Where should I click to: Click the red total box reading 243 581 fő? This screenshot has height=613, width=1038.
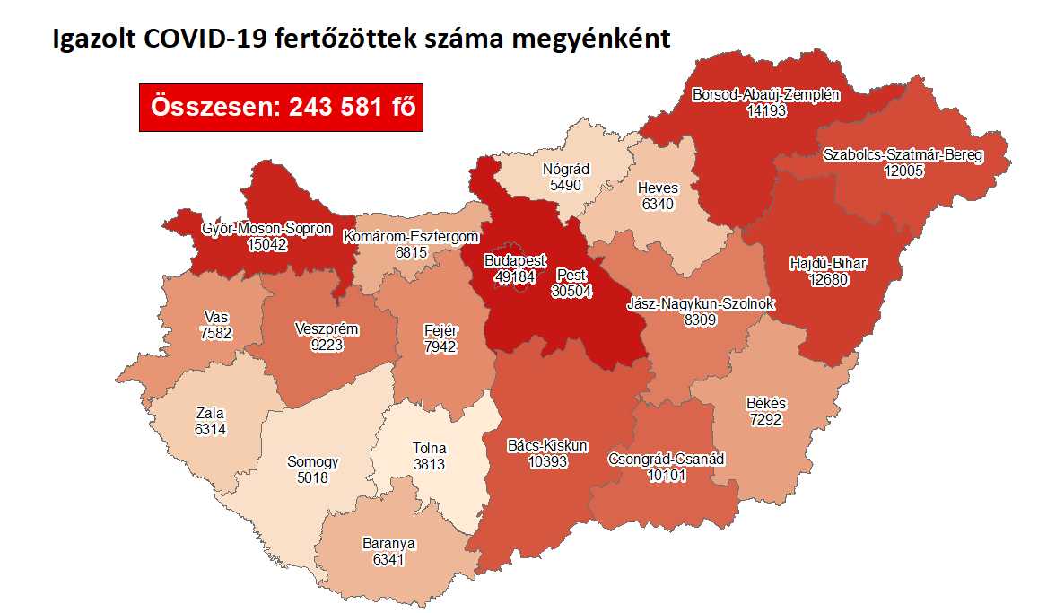(281, 107)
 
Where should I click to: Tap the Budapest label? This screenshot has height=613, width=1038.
(514, 261)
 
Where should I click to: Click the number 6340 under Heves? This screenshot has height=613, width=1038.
(658, 204)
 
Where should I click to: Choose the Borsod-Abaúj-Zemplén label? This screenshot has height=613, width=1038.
(765, 94)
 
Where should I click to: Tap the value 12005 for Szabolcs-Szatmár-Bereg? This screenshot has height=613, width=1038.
(903, 171)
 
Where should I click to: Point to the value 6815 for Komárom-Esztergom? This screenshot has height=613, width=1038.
(412, 253)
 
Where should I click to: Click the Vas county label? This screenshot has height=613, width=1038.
(214, 318)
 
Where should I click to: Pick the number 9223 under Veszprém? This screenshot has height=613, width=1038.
(327, 345)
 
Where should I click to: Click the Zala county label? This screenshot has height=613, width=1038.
(210, 414)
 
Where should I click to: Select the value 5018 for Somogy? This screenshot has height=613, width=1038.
(313, 477)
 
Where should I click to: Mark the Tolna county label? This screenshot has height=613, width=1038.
(430, 449)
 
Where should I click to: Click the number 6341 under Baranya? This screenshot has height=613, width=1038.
(388, 558)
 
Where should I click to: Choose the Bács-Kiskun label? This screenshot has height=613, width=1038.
(548, 445)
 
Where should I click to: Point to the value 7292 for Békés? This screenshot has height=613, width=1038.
(765, 419)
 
